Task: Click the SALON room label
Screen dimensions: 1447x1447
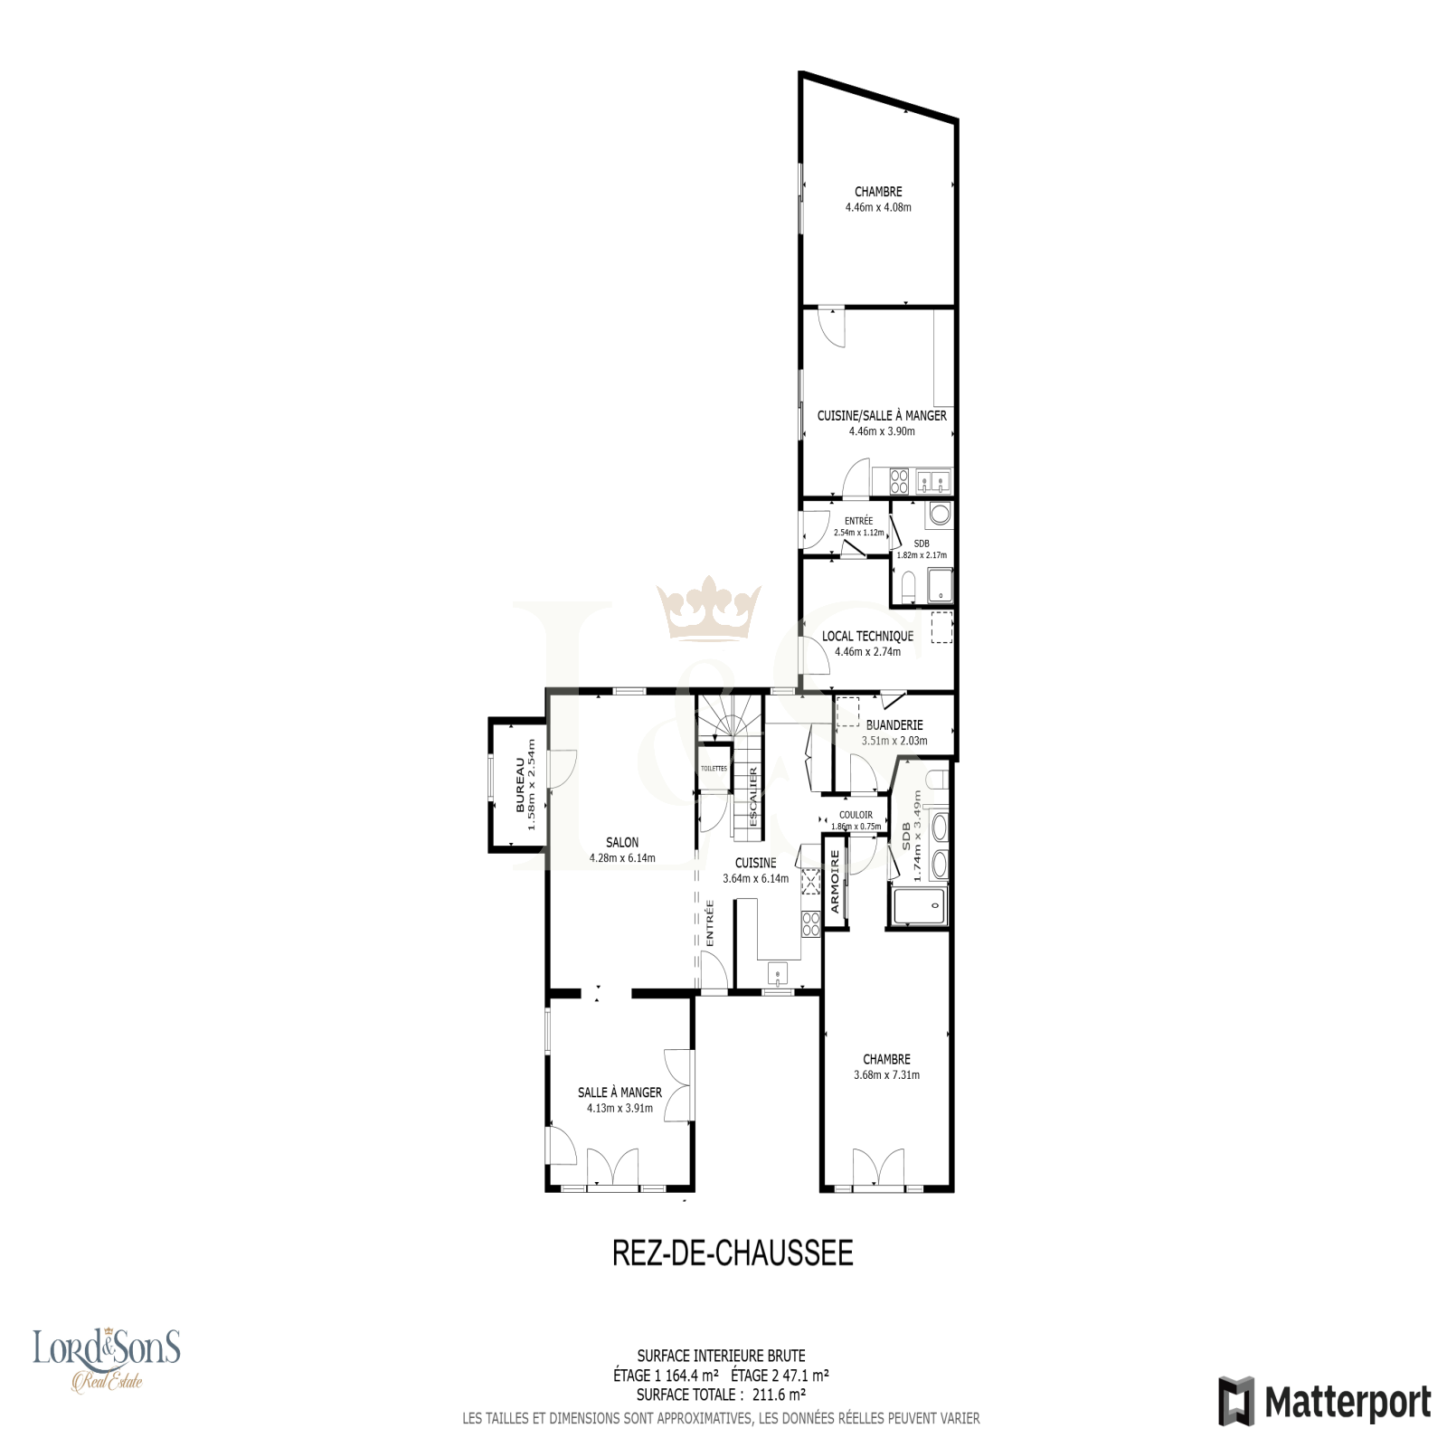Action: [x=622, y=842]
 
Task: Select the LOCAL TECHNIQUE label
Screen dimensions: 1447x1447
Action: [x=867, y=636]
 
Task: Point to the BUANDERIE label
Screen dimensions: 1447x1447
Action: [x=894, y=724]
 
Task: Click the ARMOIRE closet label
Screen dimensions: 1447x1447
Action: [x=835, y=881]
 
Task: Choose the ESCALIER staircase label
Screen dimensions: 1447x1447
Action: [x=752, y=796]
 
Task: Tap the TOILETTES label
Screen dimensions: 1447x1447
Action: [x=714, y=768]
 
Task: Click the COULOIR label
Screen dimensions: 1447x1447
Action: [x=856, y=815]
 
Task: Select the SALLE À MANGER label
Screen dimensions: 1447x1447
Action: [x=619, y=1092]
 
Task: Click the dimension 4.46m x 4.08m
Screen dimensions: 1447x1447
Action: [x=878, y=207]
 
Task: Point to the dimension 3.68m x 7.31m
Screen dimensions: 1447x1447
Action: [x=886, y=1075]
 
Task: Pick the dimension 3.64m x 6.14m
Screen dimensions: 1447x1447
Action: [x=755, y=878]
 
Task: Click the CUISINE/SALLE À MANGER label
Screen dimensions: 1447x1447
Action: [x=882, y=415]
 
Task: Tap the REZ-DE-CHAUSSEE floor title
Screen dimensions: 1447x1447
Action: [x=733, y=1253]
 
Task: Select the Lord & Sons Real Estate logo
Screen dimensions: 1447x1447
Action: [x=107, y=1360]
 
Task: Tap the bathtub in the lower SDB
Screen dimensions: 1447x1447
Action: [x=918, y=906]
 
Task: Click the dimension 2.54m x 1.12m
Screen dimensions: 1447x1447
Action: [x=858, y=533]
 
